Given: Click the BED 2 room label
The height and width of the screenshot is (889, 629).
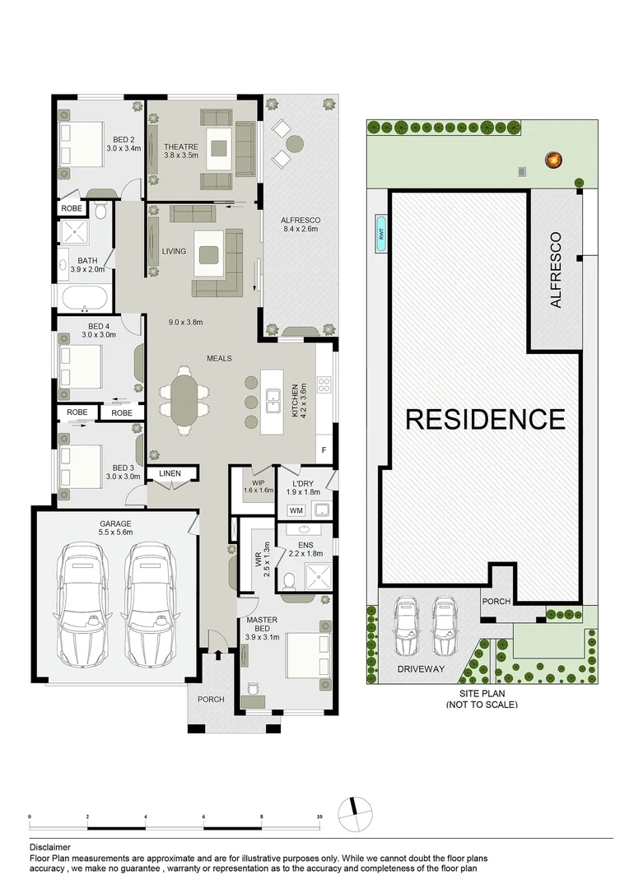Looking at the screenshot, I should (123, 144).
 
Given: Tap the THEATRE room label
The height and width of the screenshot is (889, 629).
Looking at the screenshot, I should (180, 151).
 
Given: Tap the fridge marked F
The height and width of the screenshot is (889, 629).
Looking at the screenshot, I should (324, 450).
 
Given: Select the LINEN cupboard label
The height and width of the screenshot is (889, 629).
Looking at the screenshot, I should (170, 473).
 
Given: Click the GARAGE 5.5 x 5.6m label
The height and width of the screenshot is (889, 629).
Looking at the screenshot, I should (115, 528).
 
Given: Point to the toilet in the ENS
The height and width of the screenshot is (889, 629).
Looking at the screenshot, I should (287, 581).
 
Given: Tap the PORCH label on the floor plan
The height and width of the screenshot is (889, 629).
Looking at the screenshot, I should (211, 699).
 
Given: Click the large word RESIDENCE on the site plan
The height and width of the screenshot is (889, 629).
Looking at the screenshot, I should (486, 419).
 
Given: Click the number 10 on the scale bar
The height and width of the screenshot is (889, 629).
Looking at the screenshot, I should (319, 817).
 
